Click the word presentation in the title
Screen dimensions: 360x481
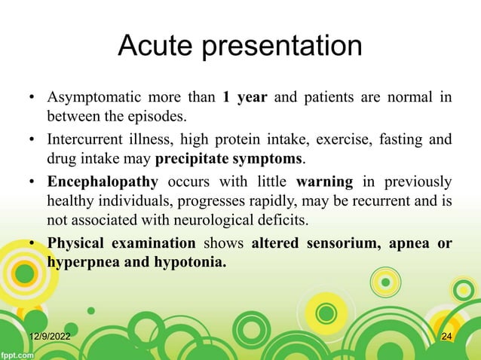pyautogui.click(x=287, y=47)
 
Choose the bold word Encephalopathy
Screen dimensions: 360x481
pyautogui.click(x=103, y=182)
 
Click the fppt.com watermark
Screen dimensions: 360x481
pyautogui.click(x=17, y=352)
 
